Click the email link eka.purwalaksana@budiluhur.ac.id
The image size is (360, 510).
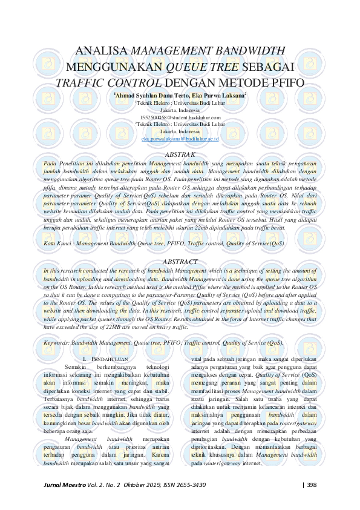179,139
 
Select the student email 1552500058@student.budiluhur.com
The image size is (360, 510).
179,117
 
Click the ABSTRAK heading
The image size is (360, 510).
180,154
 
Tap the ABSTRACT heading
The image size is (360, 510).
180,261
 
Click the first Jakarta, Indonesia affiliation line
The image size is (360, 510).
179,110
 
